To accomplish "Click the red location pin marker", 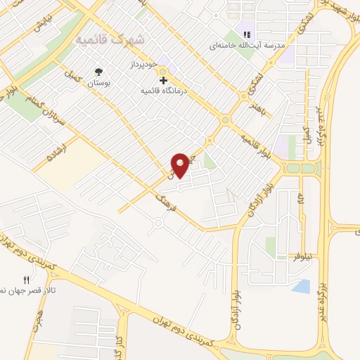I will click(181, 165).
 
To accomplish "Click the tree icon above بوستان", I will click(98, 72).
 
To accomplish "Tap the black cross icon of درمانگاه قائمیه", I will click(164, 81).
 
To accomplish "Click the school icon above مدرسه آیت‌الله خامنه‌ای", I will click(246, 34).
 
